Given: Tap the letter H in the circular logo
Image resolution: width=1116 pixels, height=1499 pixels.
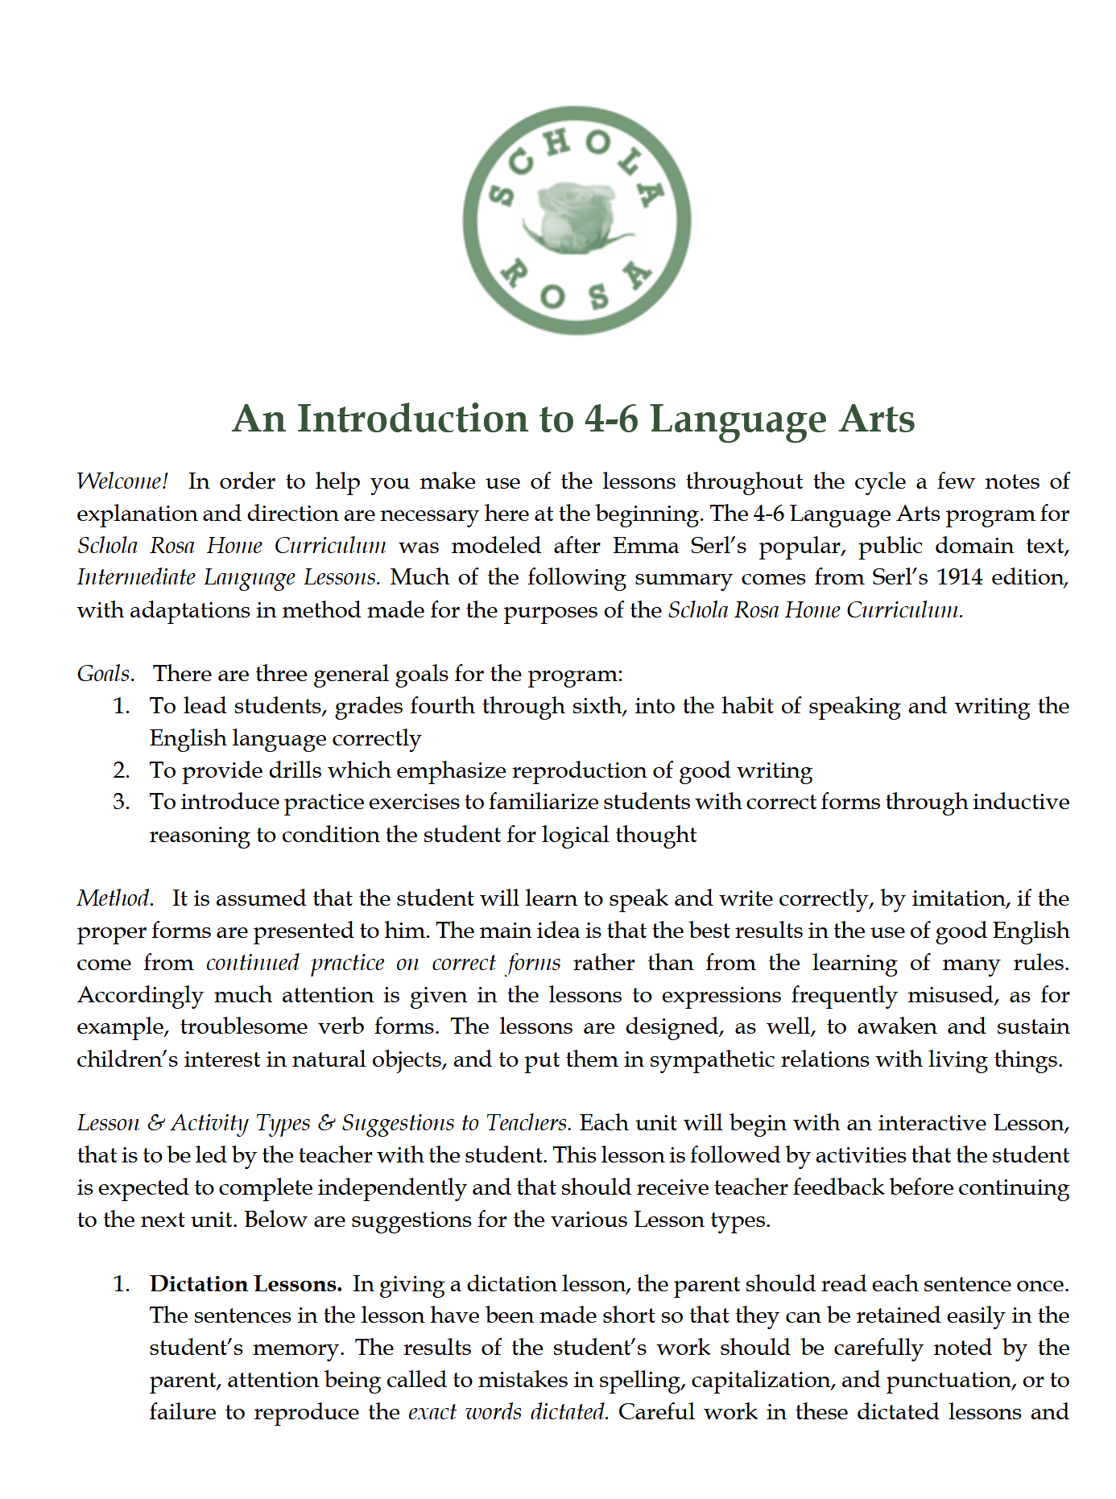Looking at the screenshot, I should pyautogui.click(x=556, y=145).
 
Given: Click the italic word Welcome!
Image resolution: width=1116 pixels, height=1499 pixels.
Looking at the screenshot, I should pyautogui.click(x=122, y=481).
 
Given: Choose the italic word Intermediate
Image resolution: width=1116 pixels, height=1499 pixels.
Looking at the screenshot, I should pyautogui.click(x=136, y=577).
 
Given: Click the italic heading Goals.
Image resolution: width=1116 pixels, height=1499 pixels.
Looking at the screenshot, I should pyautogui.click(x=104, y=674).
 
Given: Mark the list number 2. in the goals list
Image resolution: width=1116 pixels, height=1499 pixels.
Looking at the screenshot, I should pyautogui.click(x=122, y=770).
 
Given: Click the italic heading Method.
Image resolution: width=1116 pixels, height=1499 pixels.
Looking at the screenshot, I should pyautogui.click(x=114, y=898).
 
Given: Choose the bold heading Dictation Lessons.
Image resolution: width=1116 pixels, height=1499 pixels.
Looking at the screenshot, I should pyautogui.click(x=246, y=1284).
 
